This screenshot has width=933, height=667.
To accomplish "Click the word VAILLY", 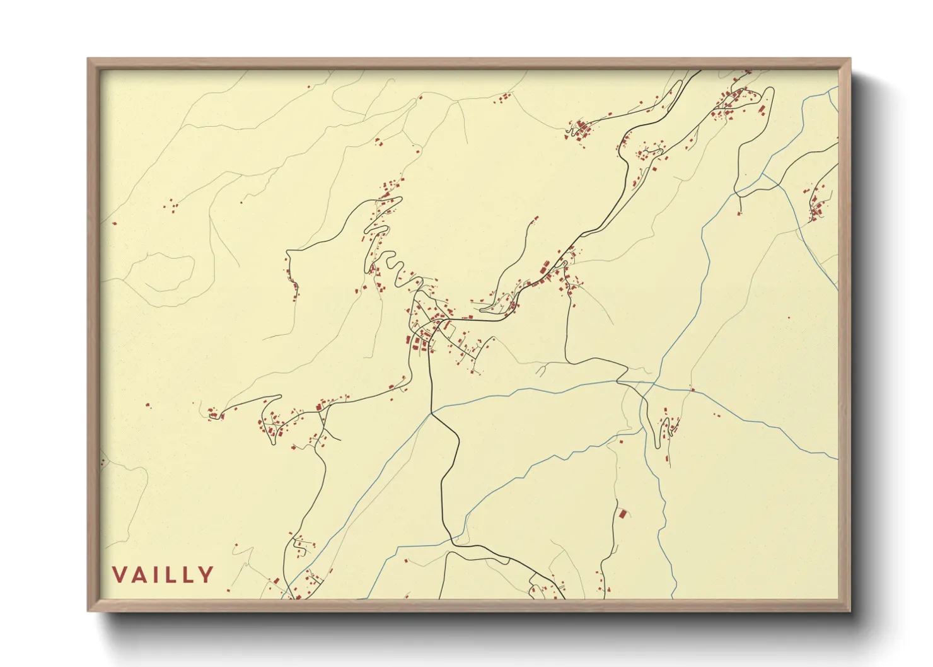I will pos(163,575).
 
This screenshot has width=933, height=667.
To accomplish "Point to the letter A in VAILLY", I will pos(141,575).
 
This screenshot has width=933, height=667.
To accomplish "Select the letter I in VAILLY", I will pos(157,575).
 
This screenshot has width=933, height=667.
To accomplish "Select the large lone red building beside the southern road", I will pos(623,514).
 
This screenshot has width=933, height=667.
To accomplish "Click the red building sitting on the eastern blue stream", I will pos(692,390).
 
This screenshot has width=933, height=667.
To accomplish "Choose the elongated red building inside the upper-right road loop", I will pos(763,110).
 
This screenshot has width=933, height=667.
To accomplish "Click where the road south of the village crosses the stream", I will pos(432,413).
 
